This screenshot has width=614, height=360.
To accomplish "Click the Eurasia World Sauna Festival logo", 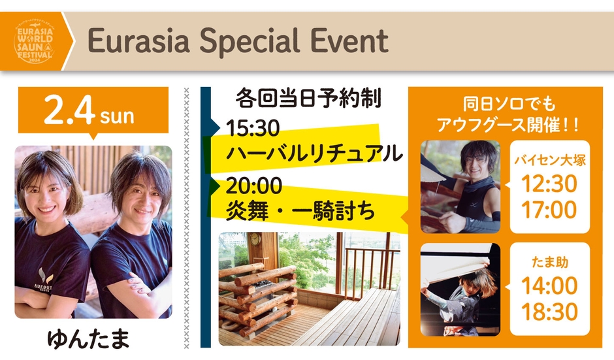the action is tap(34, 42).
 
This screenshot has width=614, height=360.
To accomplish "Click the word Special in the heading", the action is tap(249, 41).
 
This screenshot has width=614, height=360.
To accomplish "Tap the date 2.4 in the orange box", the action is tap(69, 110).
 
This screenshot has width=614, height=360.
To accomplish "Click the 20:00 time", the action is tap(253, 186).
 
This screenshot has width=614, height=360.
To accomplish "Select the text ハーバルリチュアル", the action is tap(314, 153).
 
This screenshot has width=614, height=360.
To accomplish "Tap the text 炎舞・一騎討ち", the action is tap(300, 212).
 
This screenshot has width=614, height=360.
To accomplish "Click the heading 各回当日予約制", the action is tap(308, 98).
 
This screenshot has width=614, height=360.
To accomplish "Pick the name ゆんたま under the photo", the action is tap(88, 339).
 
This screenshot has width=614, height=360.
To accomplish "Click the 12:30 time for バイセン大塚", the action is tap(549, 184).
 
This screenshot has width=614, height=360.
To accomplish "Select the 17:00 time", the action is tap(549, 210).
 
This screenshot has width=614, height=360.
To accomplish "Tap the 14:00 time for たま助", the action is tap(549, 286).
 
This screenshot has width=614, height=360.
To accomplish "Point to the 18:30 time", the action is tap(549, 312).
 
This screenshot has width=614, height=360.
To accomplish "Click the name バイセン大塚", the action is tap(550, 160).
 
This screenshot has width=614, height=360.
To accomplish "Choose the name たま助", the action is tap(550, 262).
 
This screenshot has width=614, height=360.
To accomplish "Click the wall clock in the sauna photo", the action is tap(255, 239).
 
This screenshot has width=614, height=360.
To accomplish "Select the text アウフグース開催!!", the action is tap(508, 125).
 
